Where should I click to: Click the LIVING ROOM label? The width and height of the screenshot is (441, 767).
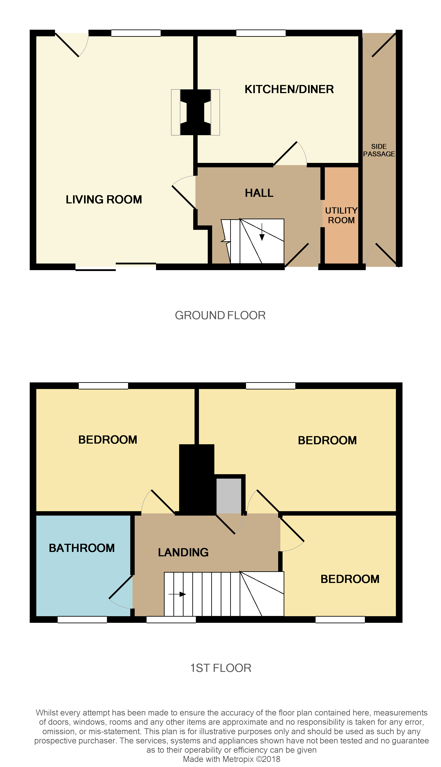[104, 200]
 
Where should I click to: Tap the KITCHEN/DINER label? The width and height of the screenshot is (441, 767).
[289, 89]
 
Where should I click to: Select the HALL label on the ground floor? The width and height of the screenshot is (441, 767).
[259, 193]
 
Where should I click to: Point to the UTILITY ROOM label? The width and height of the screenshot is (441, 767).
[341, 215]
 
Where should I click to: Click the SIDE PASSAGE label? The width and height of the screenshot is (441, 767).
[379, 150]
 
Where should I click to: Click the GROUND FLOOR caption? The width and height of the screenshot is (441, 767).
[220, 315]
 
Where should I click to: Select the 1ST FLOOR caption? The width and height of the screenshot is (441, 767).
[220, 668]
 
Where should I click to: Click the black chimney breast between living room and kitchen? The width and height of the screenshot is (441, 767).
[195, 112]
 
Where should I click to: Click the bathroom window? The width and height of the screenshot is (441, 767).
[82, 620]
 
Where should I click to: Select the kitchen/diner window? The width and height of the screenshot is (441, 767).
[261, 33]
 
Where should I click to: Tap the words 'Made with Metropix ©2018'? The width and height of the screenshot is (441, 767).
[232, 759]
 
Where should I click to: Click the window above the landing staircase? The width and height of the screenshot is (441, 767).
[171, 620]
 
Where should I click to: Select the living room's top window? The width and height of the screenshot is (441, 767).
[136, 33]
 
